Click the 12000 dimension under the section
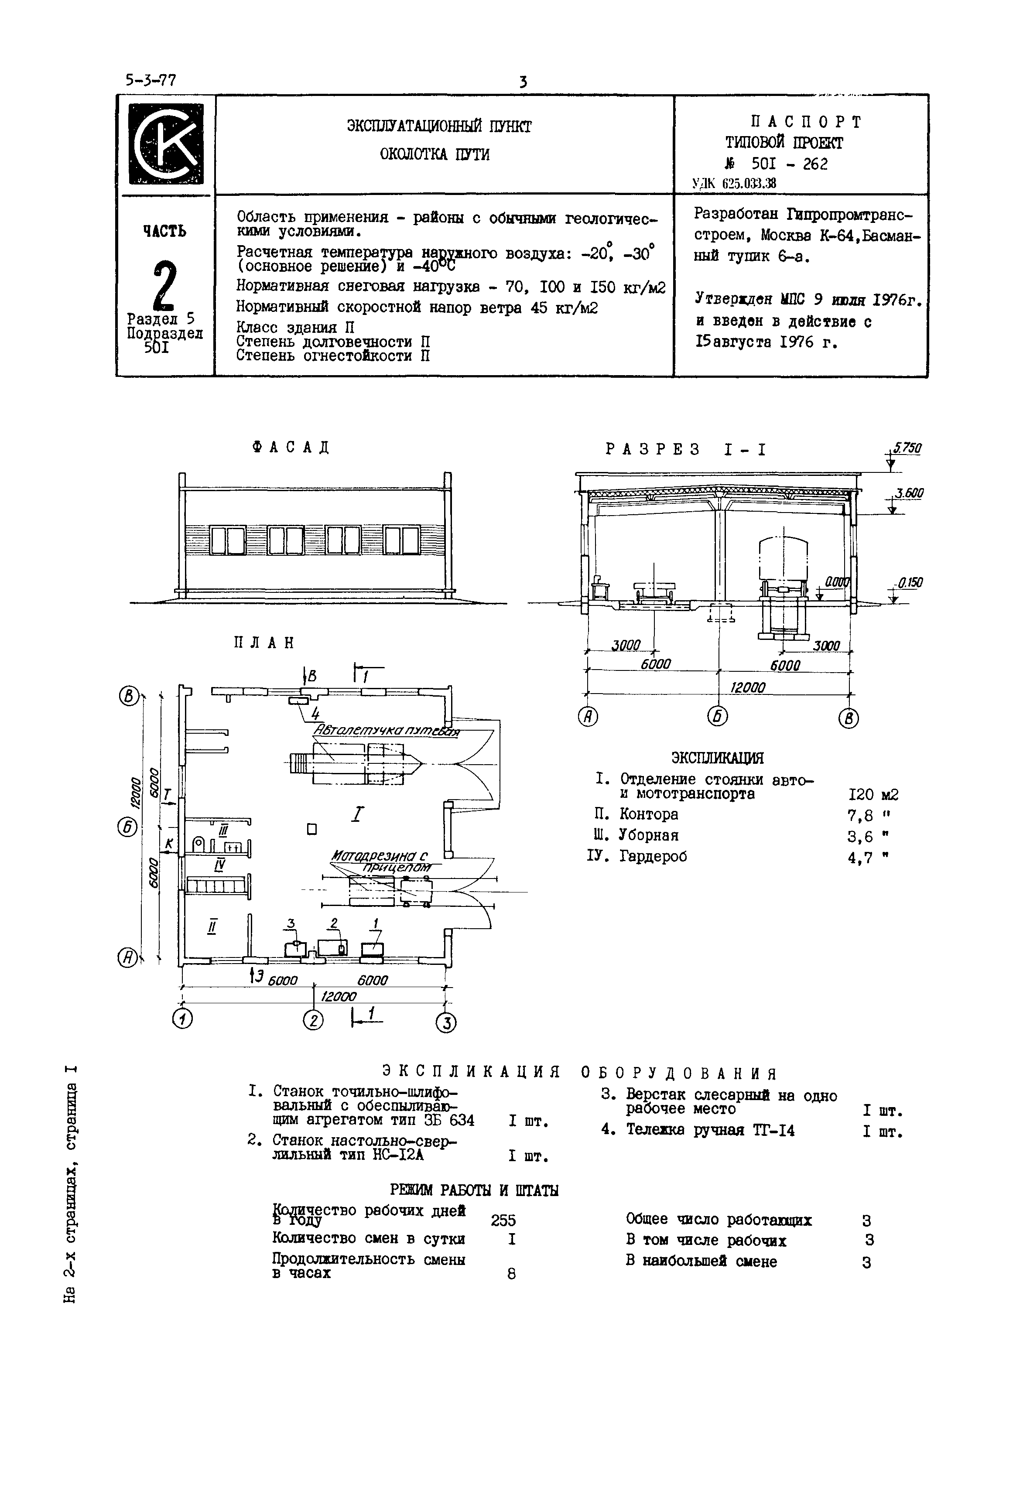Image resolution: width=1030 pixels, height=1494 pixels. (x=747, y=688)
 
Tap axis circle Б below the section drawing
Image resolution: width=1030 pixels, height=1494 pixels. (x=718, y=717)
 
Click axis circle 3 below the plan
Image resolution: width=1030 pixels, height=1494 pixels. (x=445, y=1022)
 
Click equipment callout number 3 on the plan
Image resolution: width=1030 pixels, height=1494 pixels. (x=291, y=923)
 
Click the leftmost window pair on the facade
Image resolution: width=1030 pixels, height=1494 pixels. (x=228, y=540)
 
